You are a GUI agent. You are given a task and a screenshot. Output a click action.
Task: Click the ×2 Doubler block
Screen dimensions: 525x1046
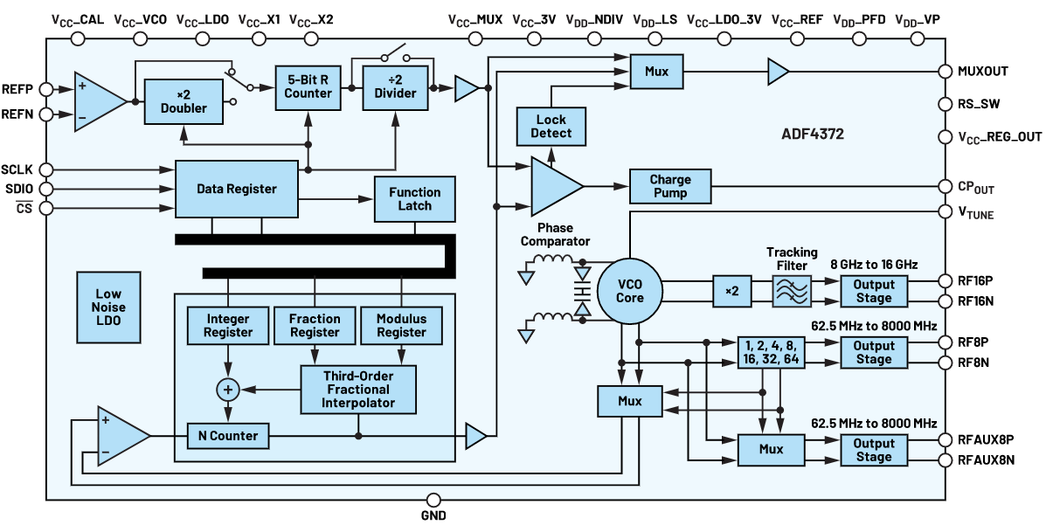(x=184, y=101)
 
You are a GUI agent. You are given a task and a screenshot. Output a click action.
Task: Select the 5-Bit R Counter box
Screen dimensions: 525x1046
(x=304, y=87)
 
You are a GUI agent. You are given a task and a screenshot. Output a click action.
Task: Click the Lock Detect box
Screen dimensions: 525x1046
(x=551, y=126)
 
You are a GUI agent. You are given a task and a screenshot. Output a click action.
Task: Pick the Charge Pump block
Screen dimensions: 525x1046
(x=670, y=186)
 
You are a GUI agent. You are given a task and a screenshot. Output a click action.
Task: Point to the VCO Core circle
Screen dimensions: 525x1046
(x=629, y=291)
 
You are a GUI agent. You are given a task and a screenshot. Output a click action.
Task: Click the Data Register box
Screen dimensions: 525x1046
(x=236, y=189)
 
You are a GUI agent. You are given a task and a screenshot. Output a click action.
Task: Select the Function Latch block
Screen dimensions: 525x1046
(x=415, y=199)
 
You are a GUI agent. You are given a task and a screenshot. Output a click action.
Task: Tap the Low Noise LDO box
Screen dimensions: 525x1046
(x=108, y=307)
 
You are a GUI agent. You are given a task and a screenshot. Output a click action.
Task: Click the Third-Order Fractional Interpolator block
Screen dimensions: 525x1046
(x=357, y=389)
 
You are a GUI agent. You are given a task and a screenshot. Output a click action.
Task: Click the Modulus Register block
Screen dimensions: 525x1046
(x=401, y=325)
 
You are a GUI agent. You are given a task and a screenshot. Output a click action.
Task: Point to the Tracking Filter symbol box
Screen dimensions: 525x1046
(x=792, y=291)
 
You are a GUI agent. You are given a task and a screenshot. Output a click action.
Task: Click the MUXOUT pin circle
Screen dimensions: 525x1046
(x=945, y=72)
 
